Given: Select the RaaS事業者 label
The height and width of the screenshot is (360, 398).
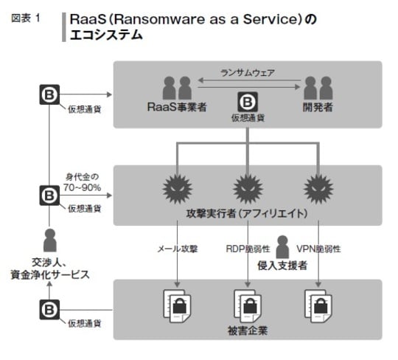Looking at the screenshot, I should pos(175,106).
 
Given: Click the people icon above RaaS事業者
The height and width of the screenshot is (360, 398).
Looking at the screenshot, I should pos(175,89).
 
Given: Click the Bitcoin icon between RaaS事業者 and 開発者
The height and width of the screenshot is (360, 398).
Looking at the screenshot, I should pos(246,101).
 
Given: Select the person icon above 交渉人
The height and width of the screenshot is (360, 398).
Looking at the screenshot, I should pos(49,241).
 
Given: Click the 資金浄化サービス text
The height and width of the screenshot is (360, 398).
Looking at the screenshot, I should pos(50,274).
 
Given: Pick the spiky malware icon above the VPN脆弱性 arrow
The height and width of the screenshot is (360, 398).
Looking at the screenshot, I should pos(318,189).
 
